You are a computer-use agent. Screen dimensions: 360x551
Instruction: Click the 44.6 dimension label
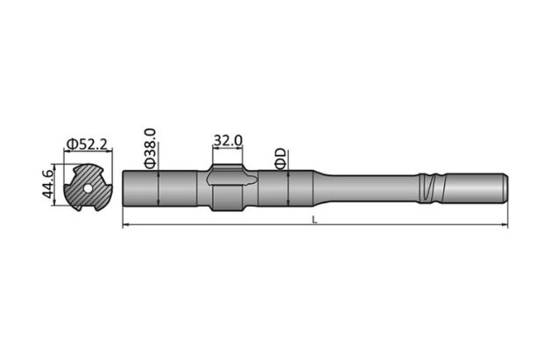pos(49,186)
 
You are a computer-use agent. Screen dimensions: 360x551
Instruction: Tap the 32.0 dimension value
pos(227,139)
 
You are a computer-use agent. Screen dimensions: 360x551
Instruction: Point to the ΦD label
pos(279,158)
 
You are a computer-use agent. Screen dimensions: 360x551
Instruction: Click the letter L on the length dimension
pos(314,219)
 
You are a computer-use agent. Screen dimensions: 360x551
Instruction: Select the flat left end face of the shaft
pos(124,187)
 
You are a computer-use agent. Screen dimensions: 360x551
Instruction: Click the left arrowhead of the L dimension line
pos(125,225)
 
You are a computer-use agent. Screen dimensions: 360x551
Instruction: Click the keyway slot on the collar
pos(232,182)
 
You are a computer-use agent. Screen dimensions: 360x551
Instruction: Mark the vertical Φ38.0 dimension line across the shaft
pos(158,187)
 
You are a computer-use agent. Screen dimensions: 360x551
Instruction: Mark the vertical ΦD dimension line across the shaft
pos(287,187)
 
